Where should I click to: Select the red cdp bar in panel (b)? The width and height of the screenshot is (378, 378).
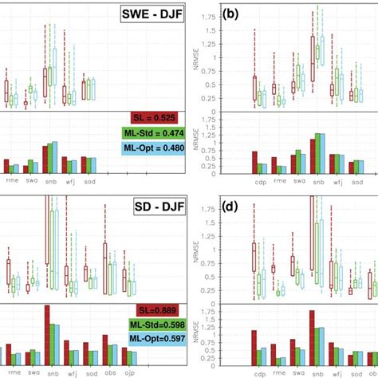254,163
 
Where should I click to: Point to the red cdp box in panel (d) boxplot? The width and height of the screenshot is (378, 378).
254,272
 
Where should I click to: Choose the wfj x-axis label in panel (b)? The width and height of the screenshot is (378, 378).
335,181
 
